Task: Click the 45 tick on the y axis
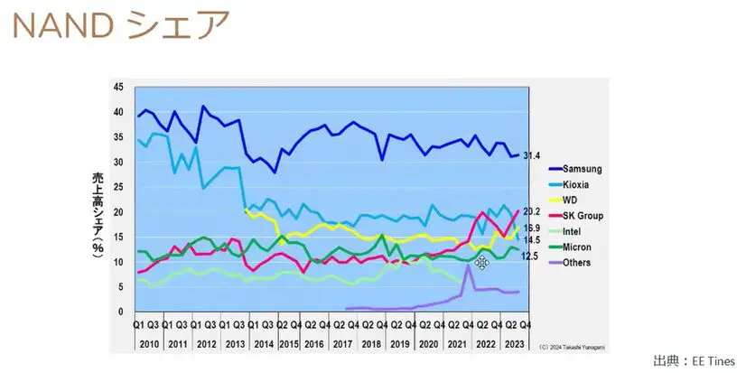tap(118, 87)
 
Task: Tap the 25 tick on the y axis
tap(118, 187)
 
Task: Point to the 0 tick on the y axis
tap(122, 312)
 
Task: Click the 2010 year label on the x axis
tap(149, 344)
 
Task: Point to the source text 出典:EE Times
tap(694, 361)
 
